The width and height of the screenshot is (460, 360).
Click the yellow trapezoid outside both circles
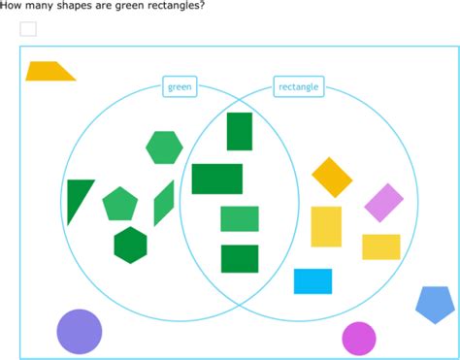(x=49, y=71)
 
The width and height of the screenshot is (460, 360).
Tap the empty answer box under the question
(x=28, y=29)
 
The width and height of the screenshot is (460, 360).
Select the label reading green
(x=180, y=87)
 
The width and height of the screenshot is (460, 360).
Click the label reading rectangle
(x=299, y=87)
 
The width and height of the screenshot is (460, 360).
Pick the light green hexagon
(x=164, y=147)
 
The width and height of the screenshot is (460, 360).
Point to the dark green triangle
(x=79, y=199)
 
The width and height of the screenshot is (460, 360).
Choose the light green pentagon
(x=120, y=204)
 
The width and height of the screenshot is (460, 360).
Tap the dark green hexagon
(x=130, y=245)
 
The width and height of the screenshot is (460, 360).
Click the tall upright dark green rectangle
(x=240, y=131)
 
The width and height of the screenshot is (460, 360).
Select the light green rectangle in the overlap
(x=240, y=218)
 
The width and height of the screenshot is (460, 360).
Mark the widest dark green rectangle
(x=217, y=179)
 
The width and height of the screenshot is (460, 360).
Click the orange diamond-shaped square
(x=332, y=177)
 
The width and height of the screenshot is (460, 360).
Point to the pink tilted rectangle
(x=383, y=202)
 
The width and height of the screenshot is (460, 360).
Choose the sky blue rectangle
(x=312, y=280)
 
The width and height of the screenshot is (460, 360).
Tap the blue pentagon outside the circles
(x=434, y=305)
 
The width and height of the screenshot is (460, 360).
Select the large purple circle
(x=80, y=331)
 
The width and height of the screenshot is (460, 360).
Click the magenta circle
(x=358, y=339)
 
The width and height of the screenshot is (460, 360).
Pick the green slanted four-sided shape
(x=163, y=203)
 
